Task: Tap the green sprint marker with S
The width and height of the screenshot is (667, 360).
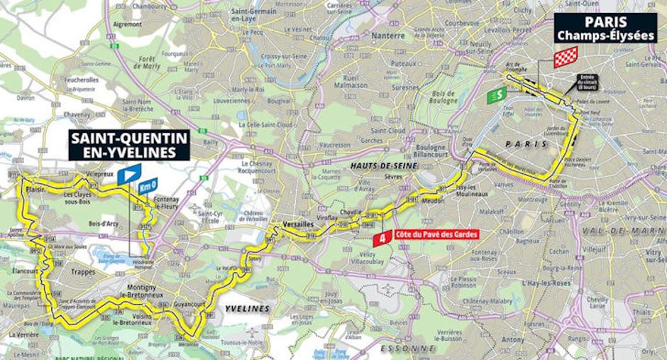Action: (x=497, y=94)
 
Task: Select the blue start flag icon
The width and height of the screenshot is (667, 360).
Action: (x=129, y=173)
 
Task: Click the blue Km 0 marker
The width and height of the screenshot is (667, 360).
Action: (x=148, y=186)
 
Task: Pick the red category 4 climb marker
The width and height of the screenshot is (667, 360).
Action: (x=383, y=239)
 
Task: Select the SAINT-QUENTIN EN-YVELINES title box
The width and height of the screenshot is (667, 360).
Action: (x=129, y=144)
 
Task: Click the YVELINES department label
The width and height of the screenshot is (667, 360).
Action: (x=248, y=308)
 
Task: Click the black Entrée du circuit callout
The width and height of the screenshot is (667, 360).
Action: (x=587, y=82)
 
